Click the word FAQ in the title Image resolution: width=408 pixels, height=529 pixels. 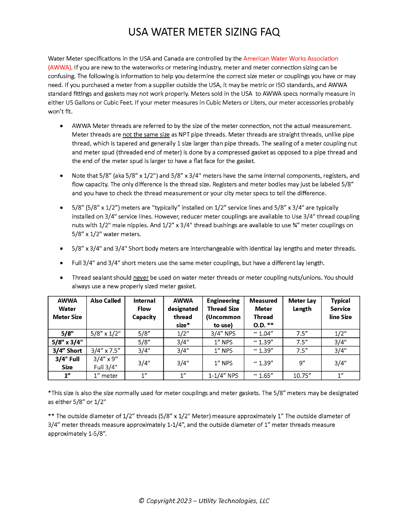[x=270, y=32]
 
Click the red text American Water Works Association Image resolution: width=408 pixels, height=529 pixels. [x=290, y=59]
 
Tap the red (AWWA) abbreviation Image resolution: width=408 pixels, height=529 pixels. [x=60, y=67]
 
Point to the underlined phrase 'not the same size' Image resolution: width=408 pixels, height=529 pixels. [x=146, y=135]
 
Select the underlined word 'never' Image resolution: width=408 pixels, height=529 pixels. [x=141, y=278]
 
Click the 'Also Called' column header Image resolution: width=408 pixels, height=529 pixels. [x=106, y=301]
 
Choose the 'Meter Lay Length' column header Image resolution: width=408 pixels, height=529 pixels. [x=302, y=305]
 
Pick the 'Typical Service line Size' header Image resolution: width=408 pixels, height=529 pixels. [x=340, y=309]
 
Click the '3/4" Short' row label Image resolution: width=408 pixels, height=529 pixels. [x=67, y=351]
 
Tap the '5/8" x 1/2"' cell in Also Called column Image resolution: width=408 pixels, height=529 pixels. [x=106, y=334]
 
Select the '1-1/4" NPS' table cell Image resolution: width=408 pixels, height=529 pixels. [x=223, y=376]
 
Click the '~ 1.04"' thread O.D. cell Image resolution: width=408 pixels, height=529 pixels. [x=263, y=334]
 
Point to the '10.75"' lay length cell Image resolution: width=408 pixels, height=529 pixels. [x=302, y=376]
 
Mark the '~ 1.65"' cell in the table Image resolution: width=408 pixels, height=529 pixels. [x=263, y=376]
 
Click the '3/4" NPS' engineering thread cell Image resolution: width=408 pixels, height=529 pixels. [x=223, y=334]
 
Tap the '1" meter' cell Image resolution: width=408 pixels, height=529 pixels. [x=106, y=376]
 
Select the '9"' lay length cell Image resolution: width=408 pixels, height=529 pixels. [x=302, y=363]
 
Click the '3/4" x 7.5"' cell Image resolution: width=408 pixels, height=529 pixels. [x=106, y=351]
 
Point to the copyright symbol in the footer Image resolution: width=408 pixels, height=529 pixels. [x=141, y=501]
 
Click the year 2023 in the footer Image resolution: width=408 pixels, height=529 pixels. [x=184, y=501]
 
